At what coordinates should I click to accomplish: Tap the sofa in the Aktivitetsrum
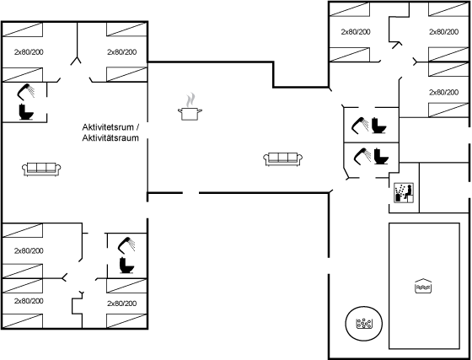[41, 169]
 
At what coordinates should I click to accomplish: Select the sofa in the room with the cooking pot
[282, 159]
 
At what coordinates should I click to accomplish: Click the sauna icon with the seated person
[404, 192]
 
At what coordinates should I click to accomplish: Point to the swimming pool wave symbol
[423, 286]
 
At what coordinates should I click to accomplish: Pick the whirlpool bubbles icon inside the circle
[364, 324]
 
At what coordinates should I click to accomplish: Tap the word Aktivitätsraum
[110, 138]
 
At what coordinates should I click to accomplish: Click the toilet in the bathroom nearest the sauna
[381, 156]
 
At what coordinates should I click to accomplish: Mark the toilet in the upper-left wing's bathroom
[26, 111]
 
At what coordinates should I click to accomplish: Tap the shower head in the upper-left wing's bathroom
[25, 92]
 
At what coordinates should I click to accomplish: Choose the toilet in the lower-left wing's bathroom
[126, 266]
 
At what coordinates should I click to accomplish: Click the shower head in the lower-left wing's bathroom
[126, 245]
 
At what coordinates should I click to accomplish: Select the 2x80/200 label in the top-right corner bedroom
[443, 31]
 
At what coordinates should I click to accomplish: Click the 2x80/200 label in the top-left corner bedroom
[29, 51]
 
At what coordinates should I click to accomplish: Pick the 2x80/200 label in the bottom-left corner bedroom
[29, 301]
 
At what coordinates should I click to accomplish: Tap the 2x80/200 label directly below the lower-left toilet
[122, 304]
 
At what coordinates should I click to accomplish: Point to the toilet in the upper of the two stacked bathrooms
[379, 126]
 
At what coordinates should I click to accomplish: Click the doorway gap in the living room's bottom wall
[190, 192]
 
